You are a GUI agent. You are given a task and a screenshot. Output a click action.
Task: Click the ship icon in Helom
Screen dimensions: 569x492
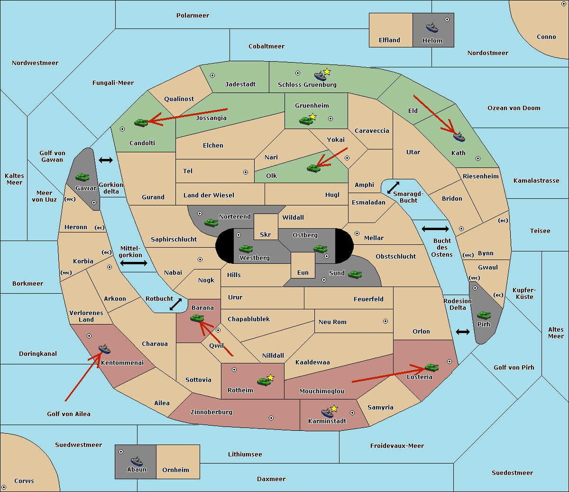pos(432,28)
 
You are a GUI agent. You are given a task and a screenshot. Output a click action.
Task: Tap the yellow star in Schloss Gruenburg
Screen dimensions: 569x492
pos(327,72)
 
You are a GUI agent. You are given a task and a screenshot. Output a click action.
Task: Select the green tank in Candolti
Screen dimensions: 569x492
pos(141,122)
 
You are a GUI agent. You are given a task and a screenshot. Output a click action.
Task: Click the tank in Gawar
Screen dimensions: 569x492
pos(83,177)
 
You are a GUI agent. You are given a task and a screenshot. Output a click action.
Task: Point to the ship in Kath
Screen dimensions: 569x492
pos(459,137)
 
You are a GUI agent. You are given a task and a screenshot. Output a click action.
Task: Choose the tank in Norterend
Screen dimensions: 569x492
pos(211,223)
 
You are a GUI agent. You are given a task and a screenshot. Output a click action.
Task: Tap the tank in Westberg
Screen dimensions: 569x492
pos(246,249)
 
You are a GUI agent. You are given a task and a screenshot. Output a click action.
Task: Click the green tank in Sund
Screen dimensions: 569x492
pos(355,274)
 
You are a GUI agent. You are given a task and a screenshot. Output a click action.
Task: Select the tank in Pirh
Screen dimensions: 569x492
pos(484,315)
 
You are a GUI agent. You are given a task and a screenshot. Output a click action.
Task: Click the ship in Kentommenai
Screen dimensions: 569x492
pos(104,349)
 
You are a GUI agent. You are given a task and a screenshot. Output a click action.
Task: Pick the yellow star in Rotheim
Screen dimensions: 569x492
pos(270,377)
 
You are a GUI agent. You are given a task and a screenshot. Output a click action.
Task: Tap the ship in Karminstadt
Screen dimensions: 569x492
pos(327,413)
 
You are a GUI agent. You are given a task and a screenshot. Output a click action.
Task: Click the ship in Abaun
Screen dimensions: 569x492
pos(137,461)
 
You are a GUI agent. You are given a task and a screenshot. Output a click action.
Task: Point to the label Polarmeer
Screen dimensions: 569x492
pos(193,16)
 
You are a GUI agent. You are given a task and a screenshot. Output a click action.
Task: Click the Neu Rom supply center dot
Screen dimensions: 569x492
pos(385,321)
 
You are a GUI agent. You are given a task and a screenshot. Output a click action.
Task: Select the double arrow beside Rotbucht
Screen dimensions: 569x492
pos(175,304)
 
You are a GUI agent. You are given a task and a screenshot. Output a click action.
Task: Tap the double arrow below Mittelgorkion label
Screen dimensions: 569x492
pos(134,263)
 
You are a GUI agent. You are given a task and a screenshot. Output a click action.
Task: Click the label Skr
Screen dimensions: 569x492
pos(266,234)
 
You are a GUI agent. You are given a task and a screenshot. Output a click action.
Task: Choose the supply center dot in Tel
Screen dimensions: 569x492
pos(246,172)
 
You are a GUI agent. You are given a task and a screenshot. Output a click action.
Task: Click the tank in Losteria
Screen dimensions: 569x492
pos(431,367)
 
